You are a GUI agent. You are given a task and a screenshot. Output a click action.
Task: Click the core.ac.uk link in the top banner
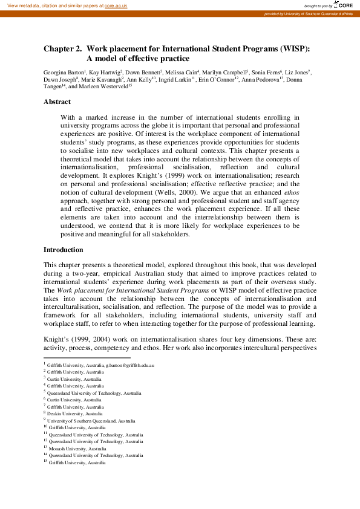click(116, 5)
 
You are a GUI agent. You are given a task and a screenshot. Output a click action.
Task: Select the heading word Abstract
click(57, 102)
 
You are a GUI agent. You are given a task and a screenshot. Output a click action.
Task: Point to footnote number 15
click(45, 461)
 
